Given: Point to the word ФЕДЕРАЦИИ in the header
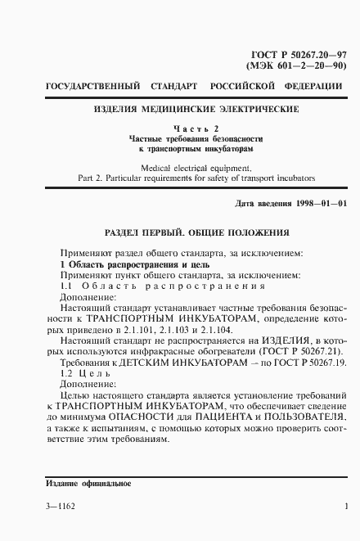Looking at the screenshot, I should point(310,86).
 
